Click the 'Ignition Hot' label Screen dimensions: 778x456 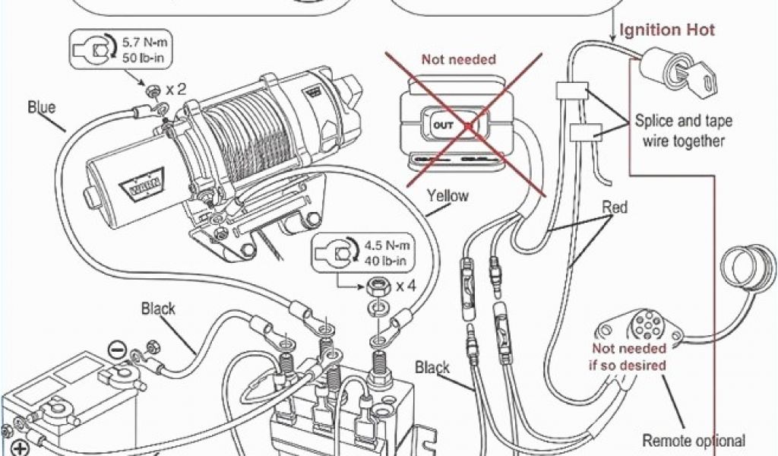click(x=668, y=30)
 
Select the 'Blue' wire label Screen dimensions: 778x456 click(x=42, y=107)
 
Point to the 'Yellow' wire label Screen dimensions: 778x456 click(x=448, y=195)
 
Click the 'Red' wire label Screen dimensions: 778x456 click(x=615, y=207)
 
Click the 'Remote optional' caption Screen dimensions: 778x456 click(x=694, y=441)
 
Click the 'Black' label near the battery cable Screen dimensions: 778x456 click(x=158, y=309)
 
